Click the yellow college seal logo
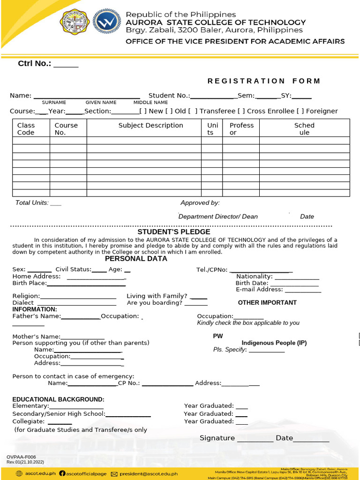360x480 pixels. point(74,22)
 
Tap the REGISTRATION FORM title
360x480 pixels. point(264,81)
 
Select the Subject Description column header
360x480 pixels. point(150,126)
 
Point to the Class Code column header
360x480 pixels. point(26,129)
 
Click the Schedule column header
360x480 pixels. point(304,129)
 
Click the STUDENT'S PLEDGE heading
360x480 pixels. point(174,232)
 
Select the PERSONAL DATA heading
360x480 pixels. point(136,259)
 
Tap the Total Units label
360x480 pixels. point(32,203)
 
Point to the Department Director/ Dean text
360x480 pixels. point(218,217)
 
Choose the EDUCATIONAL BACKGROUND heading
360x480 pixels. point(58,399)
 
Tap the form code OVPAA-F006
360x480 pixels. point(21,457)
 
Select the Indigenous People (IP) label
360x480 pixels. point(274,343)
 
